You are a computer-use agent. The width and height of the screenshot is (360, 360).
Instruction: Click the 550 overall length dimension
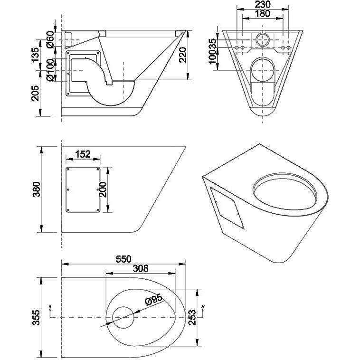(x=123, y=259)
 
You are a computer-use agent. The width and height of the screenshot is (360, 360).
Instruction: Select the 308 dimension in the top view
(x=139, y=269)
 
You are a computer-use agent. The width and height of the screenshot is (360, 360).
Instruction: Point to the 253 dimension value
(x=192, y=314)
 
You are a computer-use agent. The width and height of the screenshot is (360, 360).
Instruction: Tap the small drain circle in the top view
(x=123, y=317)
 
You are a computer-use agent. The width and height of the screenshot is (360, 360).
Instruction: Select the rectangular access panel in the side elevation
(x=83, y=190)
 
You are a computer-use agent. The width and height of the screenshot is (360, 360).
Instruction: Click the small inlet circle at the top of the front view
(x=262, y=39)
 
